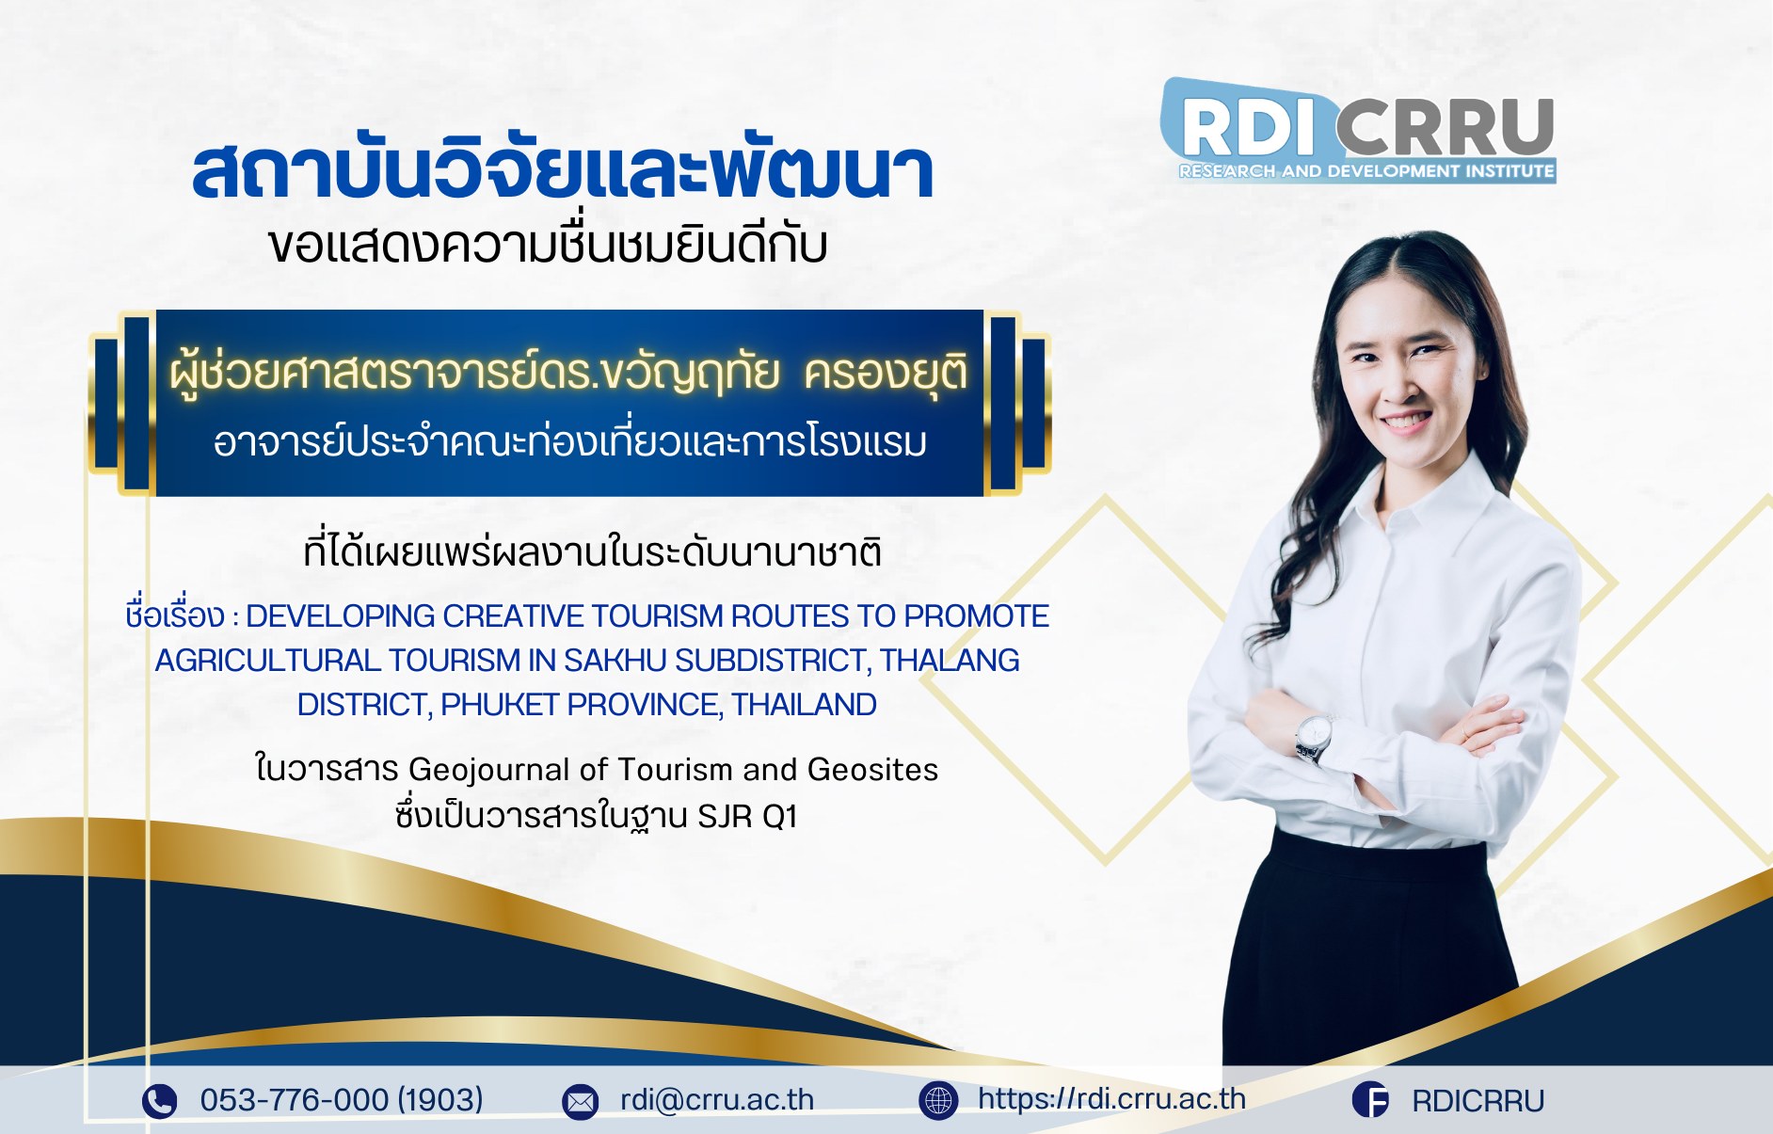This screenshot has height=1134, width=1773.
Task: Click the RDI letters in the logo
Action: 1247,127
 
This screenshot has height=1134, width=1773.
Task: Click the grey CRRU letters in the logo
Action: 1445,127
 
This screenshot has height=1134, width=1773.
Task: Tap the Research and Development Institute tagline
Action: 1366,171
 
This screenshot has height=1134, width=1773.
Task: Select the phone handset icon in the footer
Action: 159,1100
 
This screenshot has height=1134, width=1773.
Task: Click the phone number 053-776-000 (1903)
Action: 342,1099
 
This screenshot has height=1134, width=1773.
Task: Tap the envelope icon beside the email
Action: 580,1101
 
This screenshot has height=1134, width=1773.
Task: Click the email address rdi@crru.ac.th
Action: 717,1099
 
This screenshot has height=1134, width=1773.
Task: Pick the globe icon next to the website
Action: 938,1100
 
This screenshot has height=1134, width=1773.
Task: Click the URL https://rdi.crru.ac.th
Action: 1111,1098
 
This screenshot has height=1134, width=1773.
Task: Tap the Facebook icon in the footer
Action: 1370,1099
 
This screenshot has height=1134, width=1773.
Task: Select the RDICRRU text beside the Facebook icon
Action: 1477,1100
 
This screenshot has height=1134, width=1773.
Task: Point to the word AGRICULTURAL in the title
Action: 267,660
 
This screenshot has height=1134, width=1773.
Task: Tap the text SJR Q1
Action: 747,816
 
